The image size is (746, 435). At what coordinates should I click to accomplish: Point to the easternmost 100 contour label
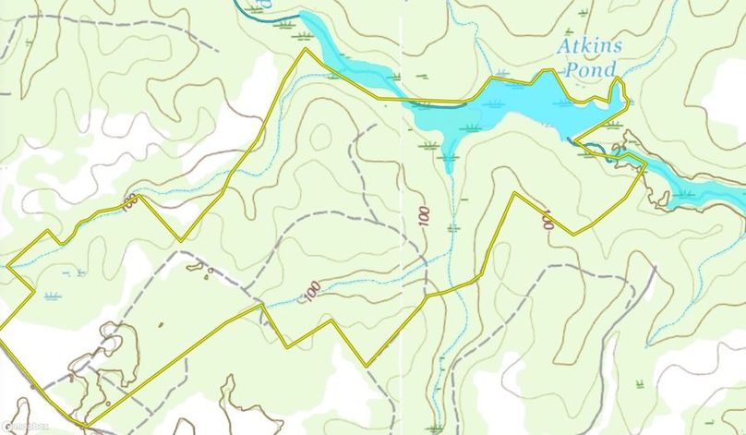coord(547,220)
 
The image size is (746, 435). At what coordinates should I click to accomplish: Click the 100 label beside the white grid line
coord(423,217)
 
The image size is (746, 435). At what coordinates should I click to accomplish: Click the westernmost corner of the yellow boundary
coord(7,266)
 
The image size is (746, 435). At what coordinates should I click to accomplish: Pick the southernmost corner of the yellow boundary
coord(88,426)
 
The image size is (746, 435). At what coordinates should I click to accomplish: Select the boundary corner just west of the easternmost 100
coord(513,193)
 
